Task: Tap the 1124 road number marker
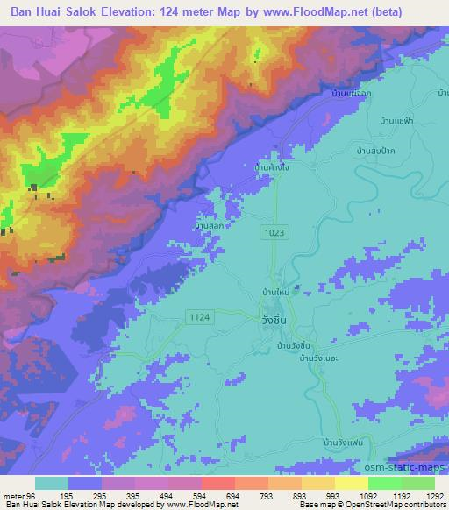tap(196, 315)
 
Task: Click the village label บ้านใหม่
tap(276, 290)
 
